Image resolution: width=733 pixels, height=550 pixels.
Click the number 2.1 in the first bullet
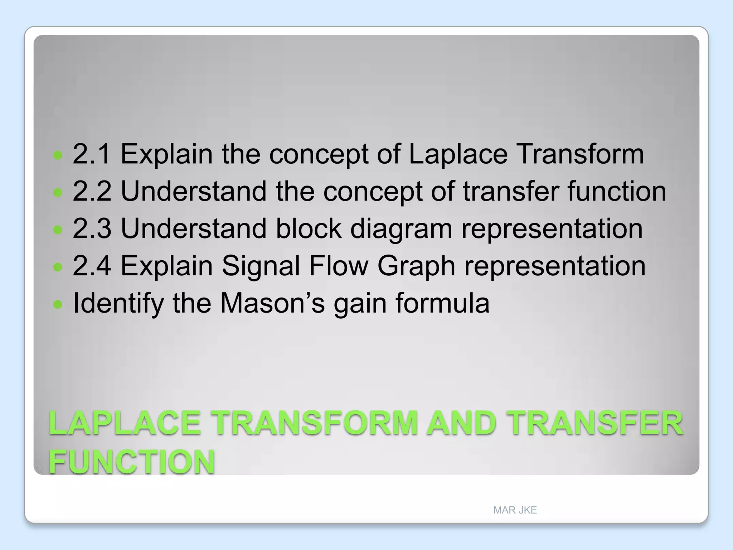pos(91,154)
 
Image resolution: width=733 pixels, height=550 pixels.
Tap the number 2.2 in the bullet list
pos(91,191)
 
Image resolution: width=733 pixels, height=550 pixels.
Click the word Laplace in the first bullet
pos(458,154)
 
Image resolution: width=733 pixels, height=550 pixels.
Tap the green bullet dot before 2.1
pos(58,155)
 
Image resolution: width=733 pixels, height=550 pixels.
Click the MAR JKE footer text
pos(515,510)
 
